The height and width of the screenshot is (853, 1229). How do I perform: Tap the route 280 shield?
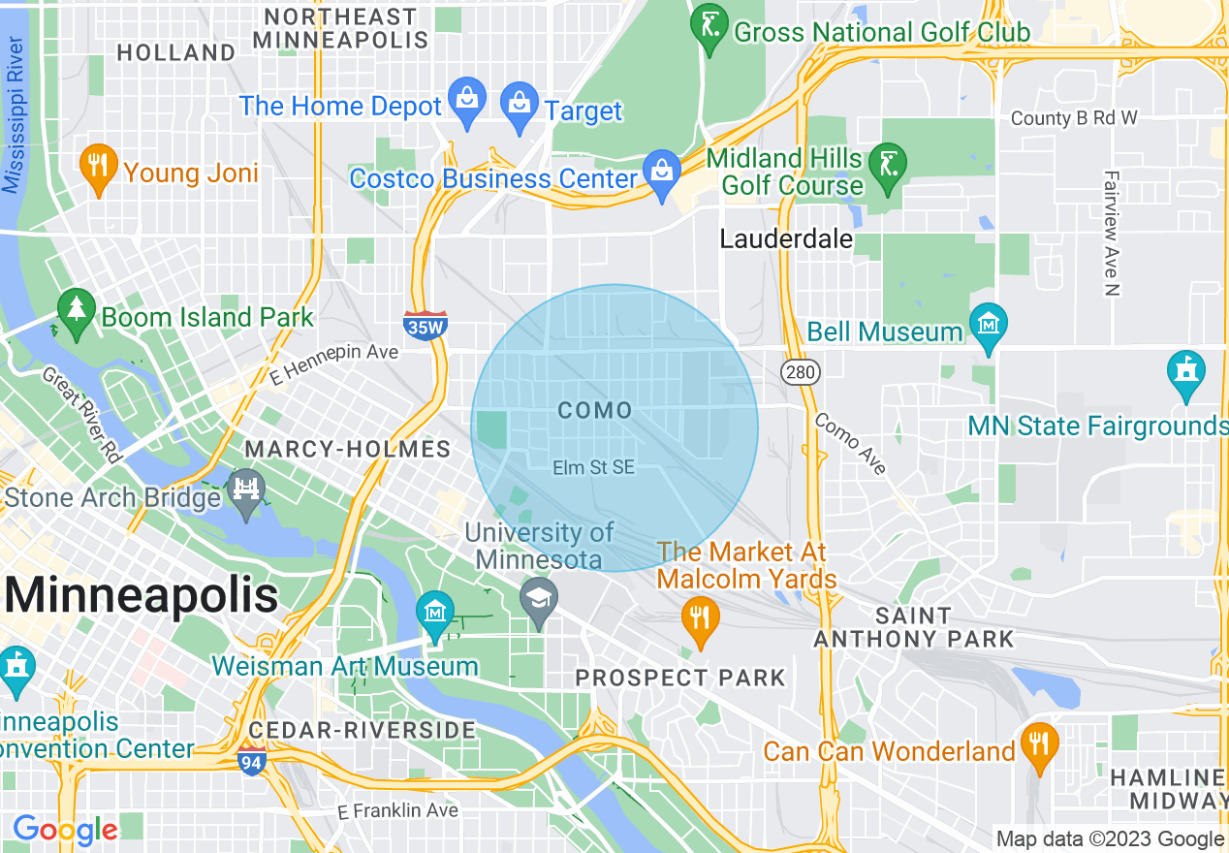point(802,371)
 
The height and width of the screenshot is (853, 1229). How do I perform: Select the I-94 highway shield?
point(251,763)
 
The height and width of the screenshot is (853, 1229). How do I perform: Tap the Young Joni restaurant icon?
point(98,167)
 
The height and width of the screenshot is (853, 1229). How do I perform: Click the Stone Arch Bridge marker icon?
point(246,490)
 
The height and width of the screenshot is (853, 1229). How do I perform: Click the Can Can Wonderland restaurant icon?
point(1038,745)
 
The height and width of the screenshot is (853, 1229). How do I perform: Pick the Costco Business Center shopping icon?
point(663,173)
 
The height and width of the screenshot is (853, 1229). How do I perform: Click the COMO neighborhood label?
point(595,411)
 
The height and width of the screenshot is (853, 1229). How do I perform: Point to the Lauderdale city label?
point(786,239)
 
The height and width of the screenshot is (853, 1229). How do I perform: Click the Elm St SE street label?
point(593,467)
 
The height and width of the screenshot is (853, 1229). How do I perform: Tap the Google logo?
point(65,830)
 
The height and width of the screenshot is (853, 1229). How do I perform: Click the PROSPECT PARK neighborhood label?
point(680,677)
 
